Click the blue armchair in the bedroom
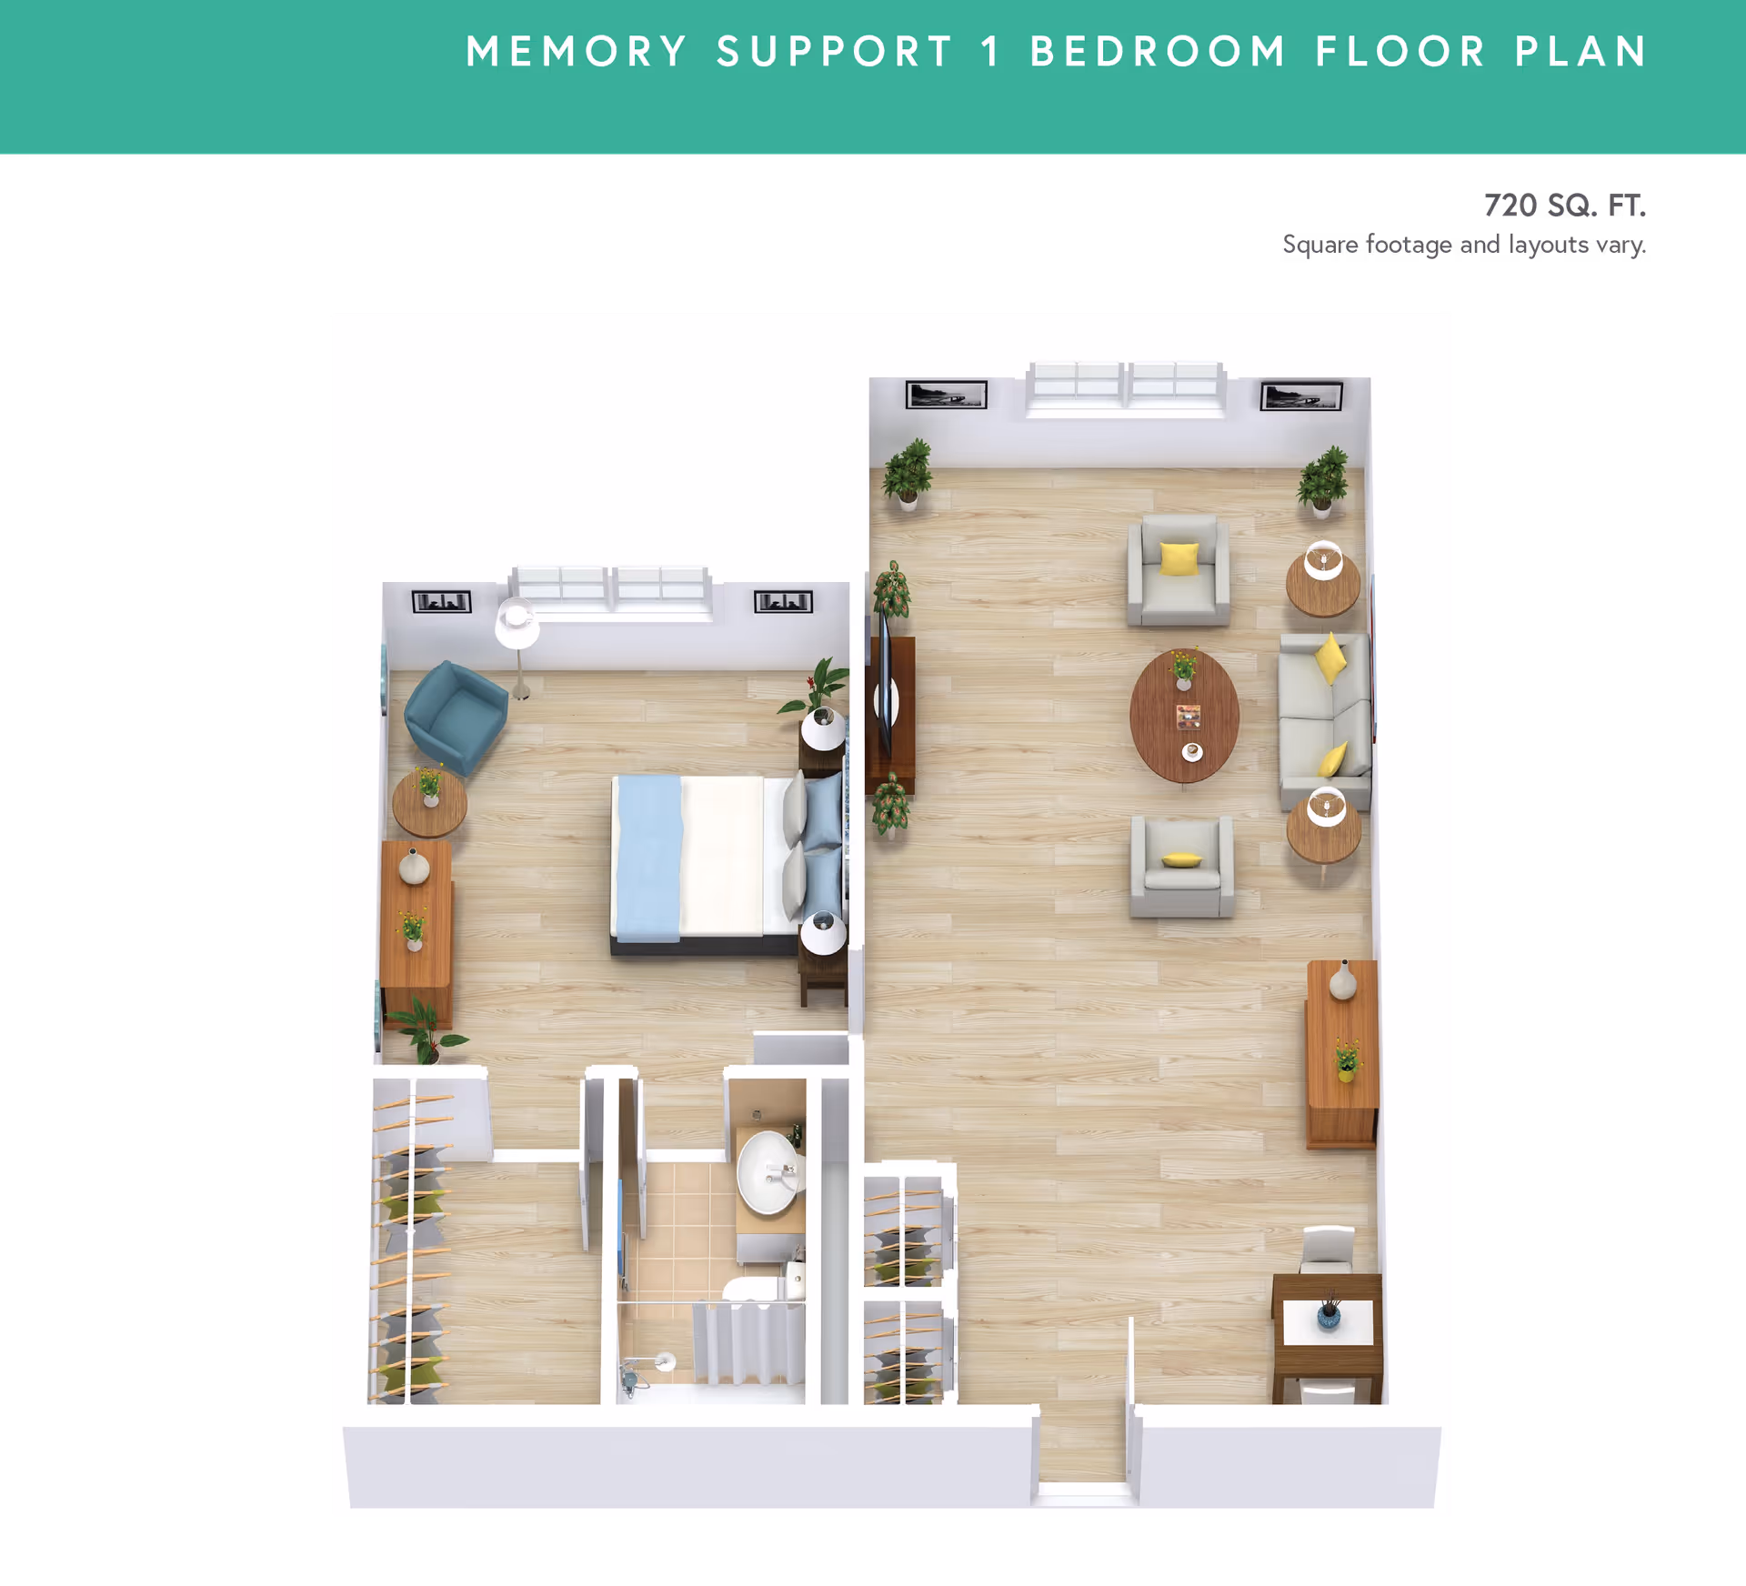pos(455,717)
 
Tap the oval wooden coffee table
pos(1184,715)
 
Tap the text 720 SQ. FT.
pos(1564,206)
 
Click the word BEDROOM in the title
pos(1158,52)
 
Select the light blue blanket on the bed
pos(647,858)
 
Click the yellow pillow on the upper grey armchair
pos(1179,557)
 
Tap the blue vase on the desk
pos(1330,1316)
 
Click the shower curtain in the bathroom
pos(748,1343)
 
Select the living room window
pos(1126,387)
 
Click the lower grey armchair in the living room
pos(1181,867)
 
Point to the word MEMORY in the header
pos(577,52)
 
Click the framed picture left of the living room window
pos(946,395)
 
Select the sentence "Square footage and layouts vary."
pos(1464,245)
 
